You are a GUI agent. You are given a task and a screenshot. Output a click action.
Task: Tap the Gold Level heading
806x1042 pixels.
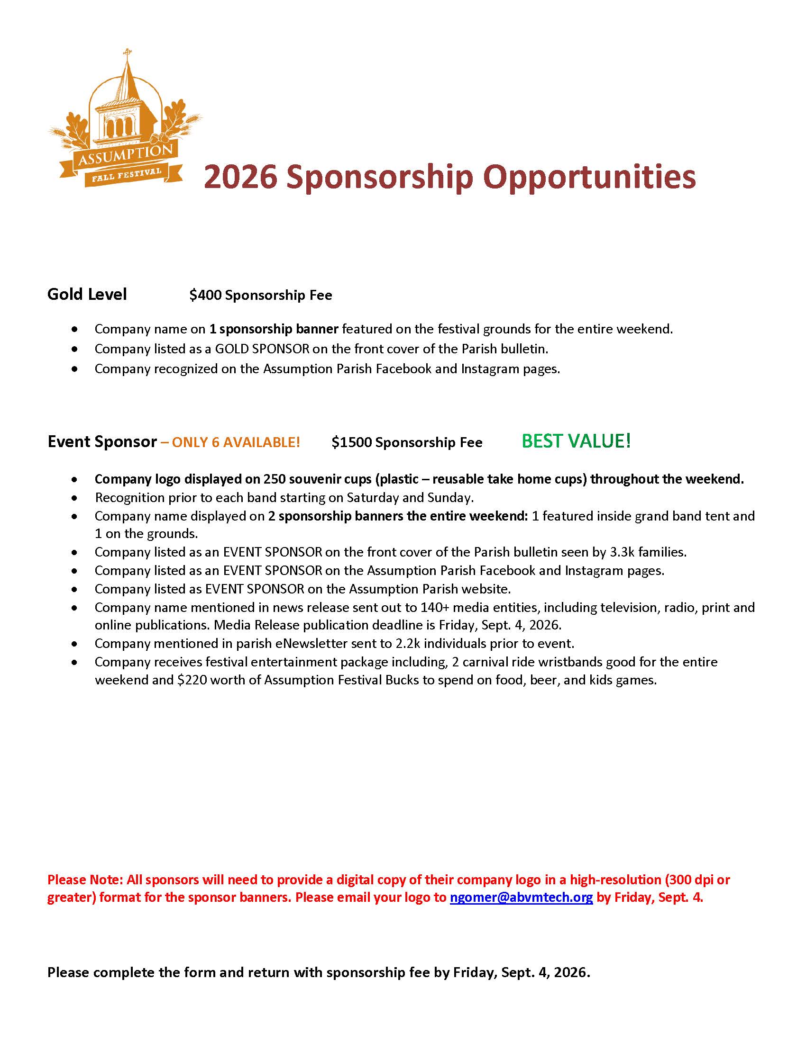tap(87, 295)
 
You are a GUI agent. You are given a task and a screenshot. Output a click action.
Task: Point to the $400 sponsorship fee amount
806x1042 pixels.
tap(205, 296)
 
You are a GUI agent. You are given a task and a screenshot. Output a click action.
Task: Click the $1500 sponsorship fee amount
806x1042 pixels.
tap(351, 442)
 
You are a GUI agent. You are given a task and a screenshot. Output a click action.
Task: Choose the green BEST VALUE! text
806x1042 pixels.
tap(576, 441)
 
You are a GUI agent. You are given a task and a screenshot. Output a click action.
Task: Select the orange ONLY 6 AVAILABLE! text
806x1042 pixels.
tap(236, 442)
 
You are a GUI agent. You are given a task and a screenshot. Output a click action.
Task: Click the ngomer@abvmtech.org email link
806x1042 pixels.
tap(521, 897)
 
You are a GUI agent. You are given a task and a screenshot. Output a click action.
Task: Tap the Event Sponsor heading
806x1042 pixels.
tap(102, 442)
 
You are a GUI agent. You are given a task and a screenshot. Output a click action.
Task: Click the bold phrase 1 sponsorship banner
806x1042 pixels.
tap(274, 329)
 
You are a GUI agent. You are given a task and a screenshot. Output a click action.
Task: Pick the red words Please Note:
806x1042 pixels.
tap(85, 880)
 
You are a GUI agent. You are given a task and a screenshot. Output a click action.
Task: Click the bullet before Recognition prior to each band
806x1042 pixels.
tap(74, 498)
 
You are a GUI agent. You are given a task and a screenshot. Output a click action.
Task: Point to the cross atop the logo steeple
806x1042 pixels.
tap(127, 52)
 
